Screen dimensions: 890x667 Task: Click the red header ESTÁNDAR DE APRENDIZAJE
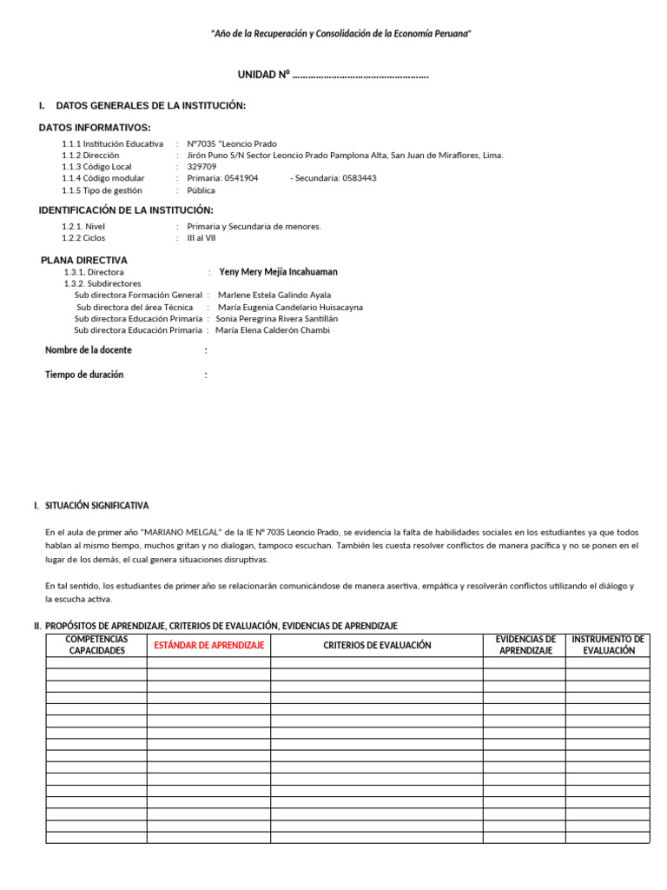[208, 646]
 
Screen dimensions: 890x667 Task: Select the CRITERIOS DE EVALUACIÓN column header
[377, 646]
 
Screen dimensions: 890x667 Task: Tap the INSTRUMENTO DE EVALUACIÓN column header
[608, 645]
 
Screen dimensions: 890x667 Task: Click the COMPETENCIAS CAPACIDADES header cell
[96, 645]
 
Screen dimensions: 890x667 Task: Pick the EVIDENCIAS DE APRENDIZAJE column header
[525, 645]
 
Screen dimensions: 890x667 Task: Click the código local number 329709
[201, 167]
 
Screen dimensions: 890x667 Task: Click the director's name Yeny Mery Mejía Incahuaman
[278, 272]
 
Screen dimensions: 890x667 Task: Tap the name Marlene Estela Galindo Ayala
[274, 296]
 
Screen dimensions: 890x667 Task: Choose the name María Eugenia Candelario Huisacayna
[290, 307]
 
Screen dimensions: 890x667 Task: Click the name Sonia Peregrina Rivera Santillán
[276, 319]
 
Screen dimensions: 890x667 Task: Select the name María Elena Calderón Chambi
[272, 330]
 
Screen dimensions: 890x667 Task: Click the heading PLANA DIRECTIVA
[84, 260]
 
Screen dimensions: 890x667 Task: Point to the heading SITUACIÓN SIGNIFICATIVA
[96, 506]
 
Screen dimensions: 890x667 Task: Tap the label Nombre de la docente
[89, 350]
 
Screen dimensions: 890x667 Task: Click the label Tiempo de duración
[84, 375]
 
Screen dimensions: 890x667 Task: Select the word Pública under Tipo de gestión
[201, 190]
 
